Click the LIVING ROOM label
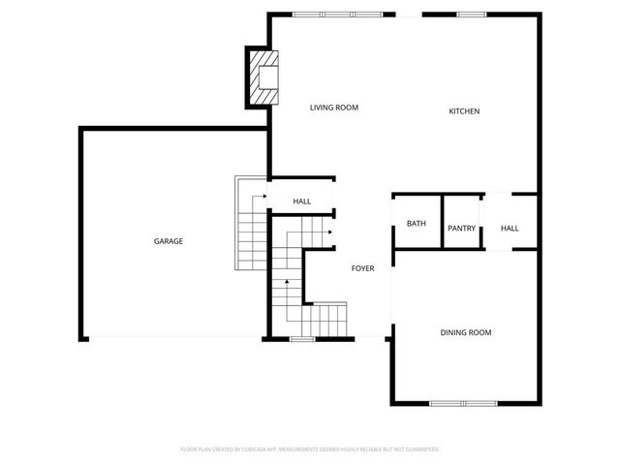click(x=334, y=108)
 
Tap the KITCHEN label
click(x=463, y=111)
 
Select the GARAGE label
click(x=168, y=241)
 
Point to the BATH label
click(x=416, y=224)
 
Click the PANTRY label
click(x=461, y=229)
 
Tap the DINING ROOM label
click(x=466, y=332)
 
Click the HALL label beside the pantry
click(x=510, y=229)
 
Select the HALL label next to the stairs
click(x=302, y=201)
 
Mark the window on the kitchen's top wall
click(x=471, y=15)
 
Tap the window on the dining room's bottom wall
click(x=464, y=403)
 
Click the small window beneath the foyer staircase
click(x=302, y=339)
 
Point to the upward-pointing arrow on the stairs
click(x=286, y=284)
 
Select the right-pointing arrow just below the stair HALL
click(x=330, y=232)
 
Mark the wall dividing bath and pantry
click(x=442, y=222)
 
